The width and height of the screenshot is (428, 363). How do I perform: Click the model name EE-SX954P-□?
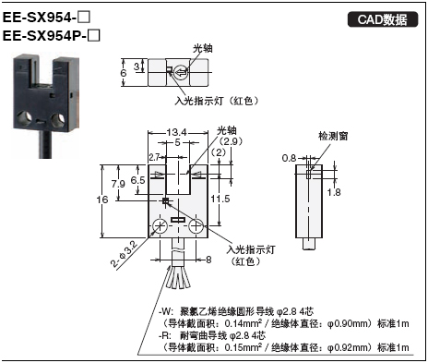[52, 37]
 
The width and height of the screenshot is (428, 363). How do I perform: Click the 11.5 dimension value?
[220, 199]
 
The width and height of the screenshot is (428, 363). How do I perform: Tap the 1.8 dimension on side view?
[335, 191]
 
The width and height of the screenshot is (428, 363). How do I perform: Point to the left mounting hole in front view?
[162, 226]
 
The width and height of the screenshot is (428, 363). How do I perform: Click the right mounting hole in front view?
[196, 226]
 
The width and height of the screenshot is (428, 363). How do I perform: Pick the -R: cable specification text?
[280, 337]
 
